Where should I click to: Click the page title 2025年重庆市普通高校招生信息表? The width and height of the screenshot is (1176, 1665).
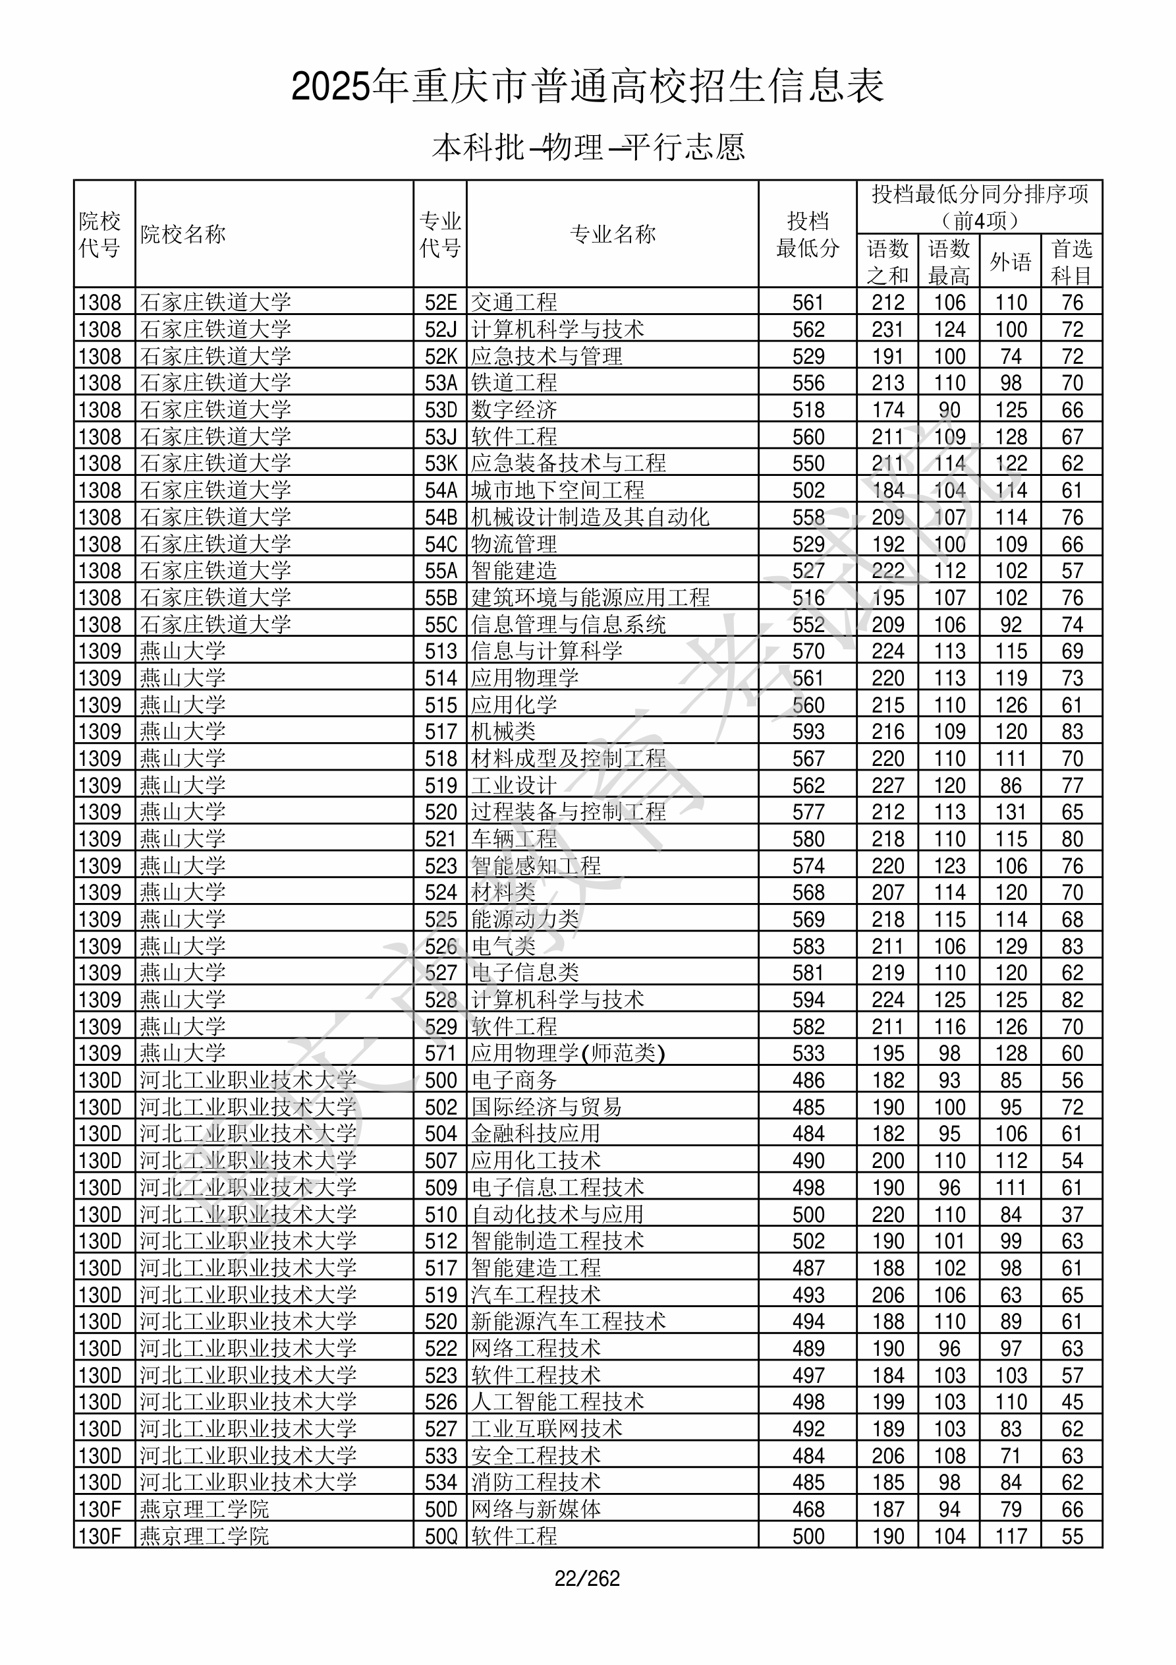[x=587, y=87]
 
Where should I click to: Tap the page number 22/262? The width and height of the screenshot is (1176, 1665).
[x=587, y=1578]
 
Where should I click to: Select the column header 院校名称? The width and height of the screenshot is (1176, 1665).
[x=183, y=234]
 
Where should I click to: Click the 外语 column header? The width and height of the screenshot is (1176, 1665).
[x=1011, y=262]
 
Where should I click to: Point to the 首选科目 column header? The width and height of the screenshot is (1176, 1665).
[x=1072, y=262]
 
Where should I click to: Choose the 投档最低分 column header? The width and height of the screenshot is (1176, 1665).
[x=808, y=234]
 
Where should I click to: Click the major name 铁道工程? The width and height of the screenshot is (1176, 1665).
[x=514, y=383]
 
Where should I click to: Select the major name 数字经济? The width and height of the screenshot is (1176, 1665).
[x=514, y=410]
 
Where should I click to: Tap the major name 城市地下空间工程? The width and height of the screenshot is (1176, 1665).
[x=557, y=490]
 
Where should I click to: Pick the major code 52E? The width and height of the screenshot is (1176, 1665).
[x=441, y=303]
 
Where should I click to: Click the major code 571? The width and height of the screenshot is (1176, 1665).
[x=441, y=1053]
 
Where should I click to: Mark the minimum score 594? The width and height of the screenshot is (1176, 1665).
[x=808, y=999]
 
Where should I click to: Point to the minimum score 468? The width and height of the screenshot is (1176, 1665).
[x=808, y=1509]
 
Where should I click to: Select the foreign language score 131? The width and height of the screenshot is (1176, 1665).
[x=1011, y=811]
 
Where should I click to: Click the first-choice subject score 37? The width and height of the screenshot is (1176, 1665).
[x=1073, y=1214]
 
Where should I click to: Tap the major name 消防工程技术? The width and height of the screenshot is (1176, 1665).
[x=536, y=1482]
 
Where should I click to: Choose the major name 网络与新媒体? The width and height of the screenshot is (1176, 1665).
[x=536, y=1509]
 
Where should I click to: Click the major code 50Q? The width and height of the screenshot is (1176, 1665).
[x=441, y=1536]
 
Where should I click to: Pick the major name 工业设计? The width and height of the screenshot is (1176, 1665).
[x=514, y=785]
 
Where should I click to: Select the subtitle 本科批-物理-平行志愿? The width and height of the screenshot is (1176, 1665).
[x=588, y=147]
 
